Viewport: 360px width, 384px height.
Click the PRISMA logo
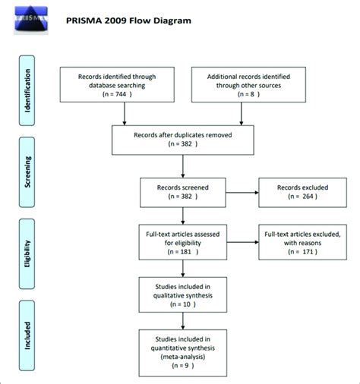tap(31, 20)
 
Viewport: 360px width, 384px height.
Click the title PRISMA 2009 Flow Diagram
tap(128, 20)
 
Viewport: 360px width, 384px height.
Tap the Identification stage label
tap(27, 90)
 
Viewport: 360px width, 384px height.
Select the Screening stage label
tap(27, 172)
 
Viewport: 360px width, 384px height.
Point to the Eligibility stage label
tap(27, 253)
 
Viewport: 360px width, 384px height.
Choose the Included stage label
tap(27, 335)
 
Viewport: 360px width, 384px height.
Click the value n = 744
tap(117, 94)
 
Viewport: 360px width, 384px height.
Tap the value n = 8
tap(248, 94)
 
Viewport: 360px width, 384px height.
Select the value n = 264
tap(302, 197)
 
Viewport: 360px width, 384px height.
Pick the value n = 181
tap(183, 252)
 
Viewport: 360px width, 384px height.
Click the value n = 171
tap(302, 252)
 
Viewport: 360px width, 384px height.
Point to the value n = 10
tap(183, 304)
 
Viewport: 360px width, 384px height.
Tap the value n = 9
tap(183, 366)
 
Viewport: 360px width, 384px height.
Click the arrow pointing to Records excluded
tap(242, 193)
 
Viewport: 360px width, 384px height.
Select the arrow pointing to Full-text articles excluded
tap(243, 242)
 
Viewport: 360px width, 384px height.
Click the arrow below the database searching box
tap(125, 114)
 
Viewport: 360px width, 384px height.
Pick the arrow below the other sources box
tap(242, 114)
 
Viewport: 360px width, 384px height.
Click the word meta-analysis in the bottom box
tap(183, 357)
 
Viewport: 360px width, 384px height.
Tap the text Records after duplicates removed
tap(183, 135)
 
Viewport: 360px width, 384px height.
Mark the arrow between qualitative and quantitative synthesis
tap(183, 321)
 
